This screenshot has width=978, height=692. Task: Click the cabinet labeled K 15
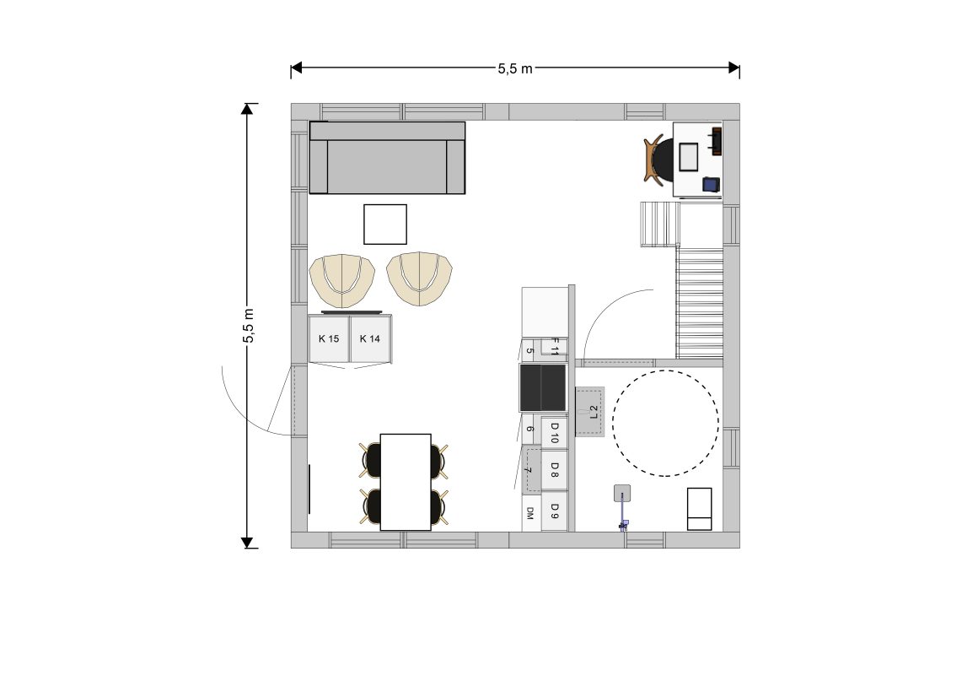click(x=329, y=338)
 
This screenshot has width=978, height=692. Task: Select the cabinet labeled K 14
click(x=370, y=338)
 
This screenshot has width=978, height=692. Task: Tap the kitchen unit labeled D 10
click(x=554, y=432)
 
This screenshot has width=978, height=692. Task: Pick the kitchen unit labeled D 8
click(x=554, y=470)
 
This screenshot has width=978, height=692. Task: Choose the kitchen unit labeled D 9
click(x=554, y=512)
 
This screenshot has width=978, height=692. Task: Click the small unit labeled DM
click(x=531, y=513)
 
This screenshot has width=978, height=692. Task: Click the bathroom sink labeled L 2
click(x=590, y=412)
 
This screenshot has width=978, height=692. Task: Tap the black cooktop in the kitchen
click(x=543, y=388)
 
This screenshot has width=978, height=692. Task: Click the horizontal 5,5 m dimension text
click(x=515, y=68)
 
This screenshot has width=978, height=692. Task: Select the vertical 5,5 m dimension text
click(x=248, y=326)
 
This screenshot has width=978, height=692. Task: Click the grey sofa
click(x=387, y=158)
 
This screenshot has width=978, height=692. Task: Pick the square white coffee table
click(x=385, y=224)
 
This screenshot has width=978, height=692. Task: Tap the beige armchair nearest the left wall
click(x=341, y=280)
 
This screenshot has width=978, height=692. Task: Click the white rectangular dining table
click(x=406, y=482)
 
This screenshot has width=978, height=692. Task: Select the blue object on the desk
click(x=711, y=184)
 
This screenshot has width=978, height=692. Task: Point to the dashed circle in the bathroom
click(x=665, y=370)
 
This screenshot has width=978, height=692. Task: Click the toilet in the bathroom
click(x=699, y=509)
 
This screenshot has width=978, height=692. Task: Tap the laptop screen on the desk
click(x=689, y=157)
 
